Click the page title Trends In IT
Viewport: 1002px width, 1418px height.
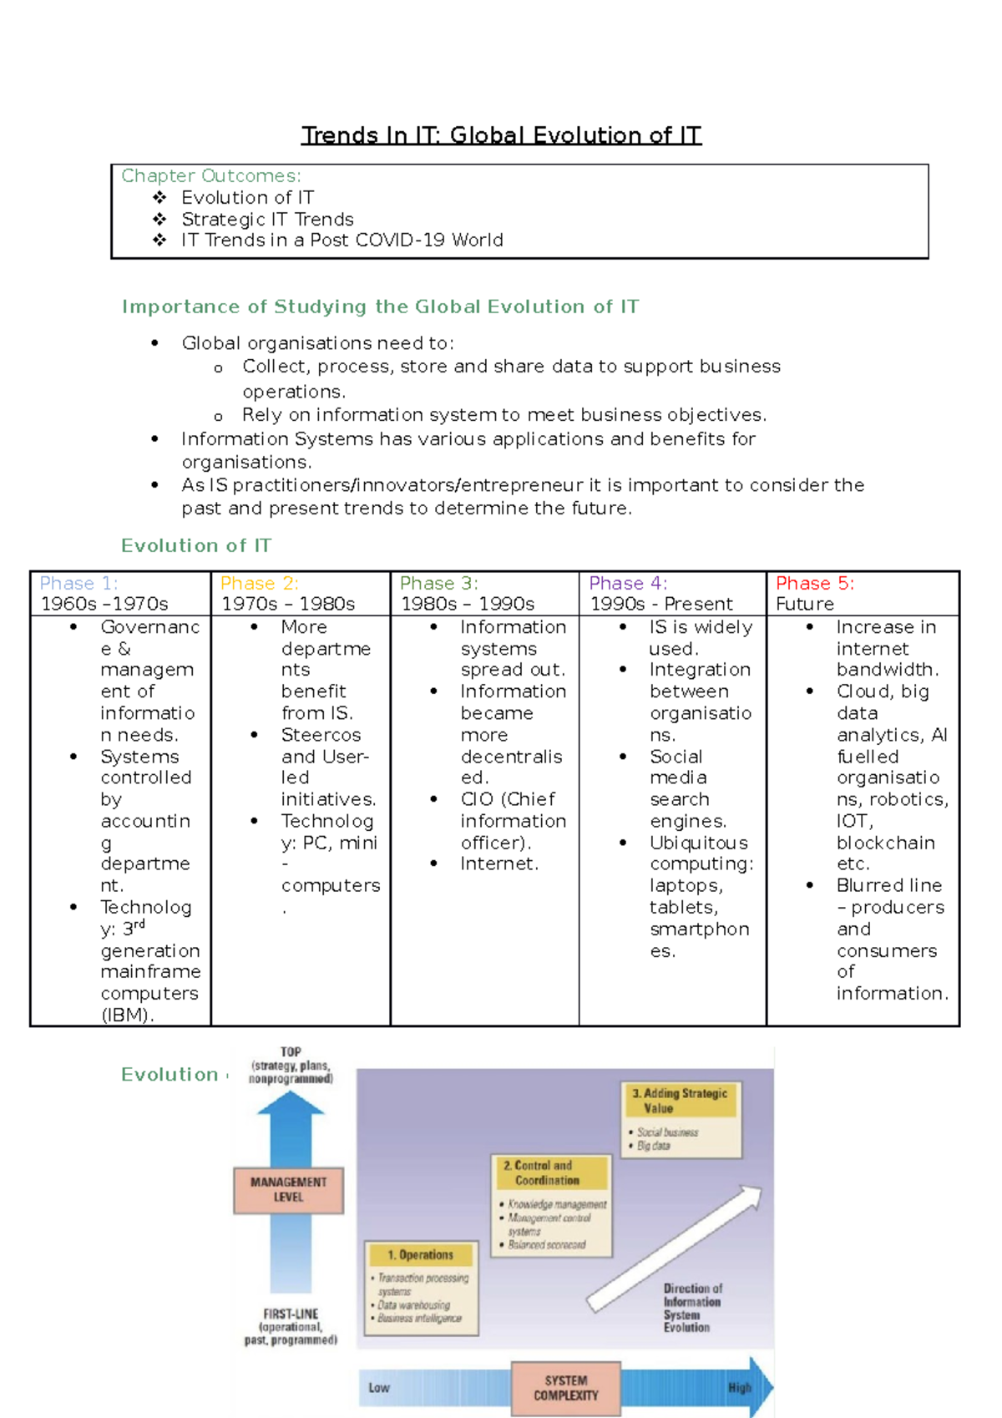501,135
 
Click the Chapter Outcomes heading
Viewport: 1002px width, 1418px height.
210,176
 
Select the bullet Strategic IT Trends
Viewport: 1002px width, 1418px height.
267,220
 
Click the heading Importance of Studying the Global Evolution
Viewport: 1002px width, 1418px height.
380,306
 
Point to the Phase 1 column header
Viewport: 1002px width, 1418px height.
78,583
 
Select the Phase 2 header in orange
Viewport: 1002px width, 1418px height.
259,583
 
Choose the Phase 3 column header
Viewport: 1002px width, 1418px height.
438,583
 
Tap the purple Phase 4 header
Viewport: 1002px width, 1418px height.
628,583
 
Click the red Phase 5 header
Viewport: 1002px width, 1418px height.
815,583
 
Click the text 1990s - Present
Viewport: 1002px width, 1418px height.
661,604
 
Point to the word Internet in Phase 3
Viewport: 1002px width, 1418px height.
498,863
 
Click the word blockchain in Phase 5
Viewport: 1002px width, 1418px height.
885,843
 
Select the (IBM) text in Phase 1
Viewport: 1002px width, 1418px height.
127,1015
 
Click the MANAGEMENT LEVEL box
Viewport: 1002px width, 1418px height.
288,1190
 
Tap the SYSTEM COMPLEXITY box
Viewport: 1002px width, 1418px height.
565,1388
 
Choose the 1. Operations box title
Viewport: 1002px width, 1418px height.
420,1254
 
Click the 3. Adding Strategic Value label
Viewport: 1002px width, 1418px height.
680,1101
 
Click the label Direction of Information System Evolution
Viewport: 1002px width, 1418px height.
691,1308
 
